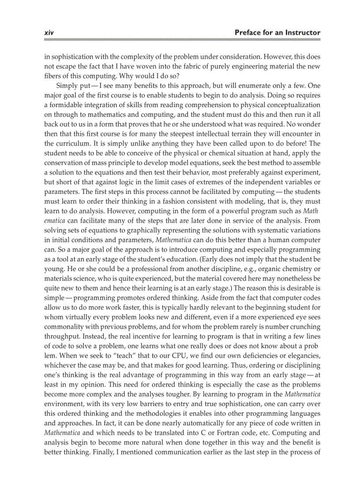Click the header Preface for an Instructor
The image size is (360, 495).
click(277, 33)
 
